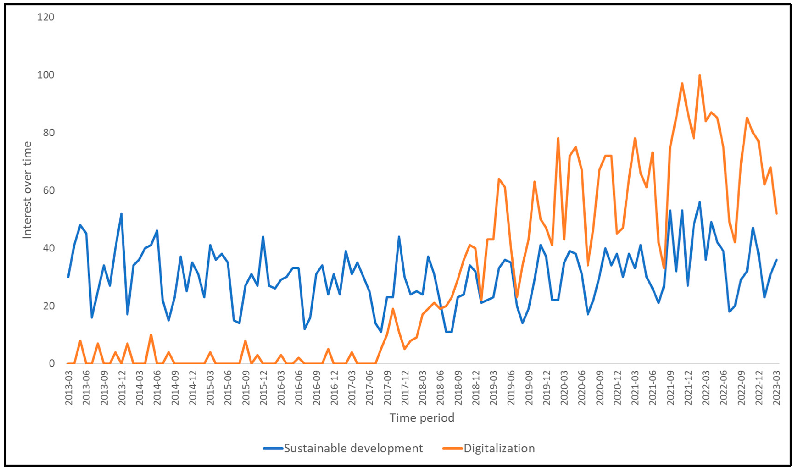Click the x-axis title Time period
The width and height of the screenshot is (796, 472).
[x=422, y=418]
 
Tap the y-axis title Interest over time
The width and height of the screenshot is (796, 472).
[x=27, y=190]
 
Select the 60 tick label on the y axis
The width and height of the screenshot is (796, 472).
[x=48, y=190]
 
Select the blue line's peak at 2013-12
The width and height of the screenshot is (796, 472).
[x=121, y=213]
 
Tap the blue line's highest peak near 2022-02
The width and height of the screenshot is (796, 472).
[x=700, y=202]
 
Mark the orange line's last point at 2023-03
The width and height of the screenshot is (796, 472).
[x=776, y=213]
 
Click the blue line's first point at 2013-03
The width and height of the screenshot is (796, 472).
[x=68, y=277]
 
